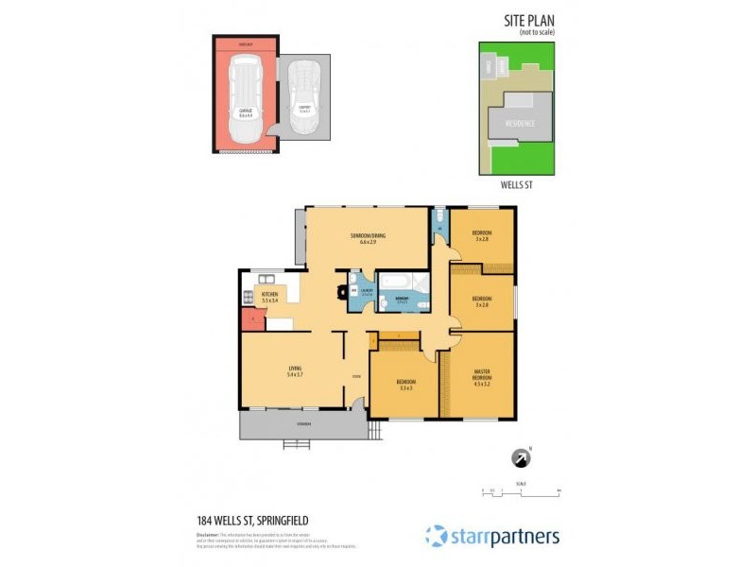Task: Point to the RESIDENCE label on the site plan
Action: coord(519,123)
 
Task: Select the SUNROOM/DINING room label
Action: coord(368,238)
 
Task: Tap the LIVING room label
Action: coord(294,370)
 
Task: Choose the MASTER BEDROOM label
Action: coord(481,377)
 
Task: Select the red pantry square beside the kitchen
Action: coord(248,320)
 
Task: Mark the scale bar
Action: coord(521,490)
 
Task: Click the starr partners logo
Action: coord(491,536)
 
